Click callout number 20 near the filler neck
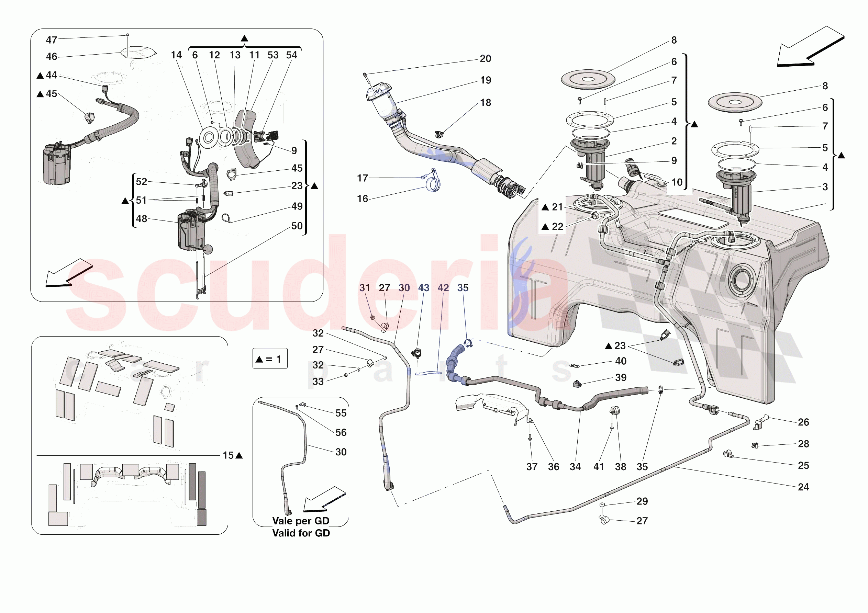[486, 59]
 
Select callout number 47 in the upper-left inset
[52, 40]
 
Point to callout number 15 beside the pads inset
[228, 455]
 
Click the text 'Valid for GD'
[301, 533]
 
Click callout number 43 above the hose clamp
[423, 288]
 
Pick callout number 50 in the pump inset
[297, 226]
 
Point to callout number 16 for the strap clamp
[362, 199]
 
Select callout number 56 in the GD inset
[341, 432]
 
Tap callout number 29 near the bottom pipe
[642, 501]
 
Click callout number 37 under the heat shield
[532, 467]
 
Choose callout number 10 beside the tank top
[677, 183]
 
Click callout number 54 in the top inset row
[291, 55]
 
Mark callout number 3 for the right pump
[825, 187]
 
